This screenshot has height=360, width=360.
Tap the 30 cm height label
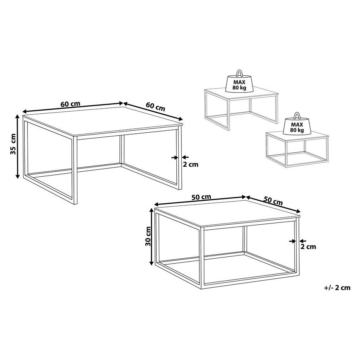pyautogui.click(x=148, y=236)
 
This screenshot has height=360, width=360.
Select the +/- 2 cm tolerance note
pyautogui.click(x=337, y=288)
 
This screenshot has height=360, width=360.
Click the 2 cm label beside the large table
pyautogui.click(x=190, y=164)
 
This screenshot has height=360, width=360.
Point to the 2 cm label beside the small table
pyautogui.click(x=308, y=247)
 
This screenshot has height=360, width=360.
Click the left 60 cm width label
pyautogui.click(x=70, y=104)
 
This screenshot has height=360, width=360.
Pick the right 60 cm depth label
pyautogui.click(x=155, y=107)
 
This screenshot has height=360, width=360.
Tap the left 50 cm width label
pyautogui.click(x=201, y=197)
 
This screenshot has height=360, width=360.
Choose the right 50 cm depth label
pyautogui.click(x=273, y=201)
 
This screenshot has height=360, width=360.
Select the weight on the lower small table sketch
pyautogui.click(x=297, y=124)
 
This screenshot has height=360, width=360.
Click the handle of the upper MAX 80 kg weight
pyautogui.click(x=239, y=73)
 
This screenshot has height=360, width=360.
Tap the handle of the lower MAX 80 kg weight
pyautogui.click(x=297, y=116)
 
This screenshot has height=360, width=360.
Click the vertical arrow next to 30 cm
pyautogui.click(x=151, y=237)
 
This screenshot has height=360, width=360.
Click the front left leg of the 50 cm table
pyautogui.click(x=202, y=257)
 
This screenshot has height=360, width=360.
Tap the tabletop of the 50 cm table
pyautogui.click(x=227, y=214)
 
